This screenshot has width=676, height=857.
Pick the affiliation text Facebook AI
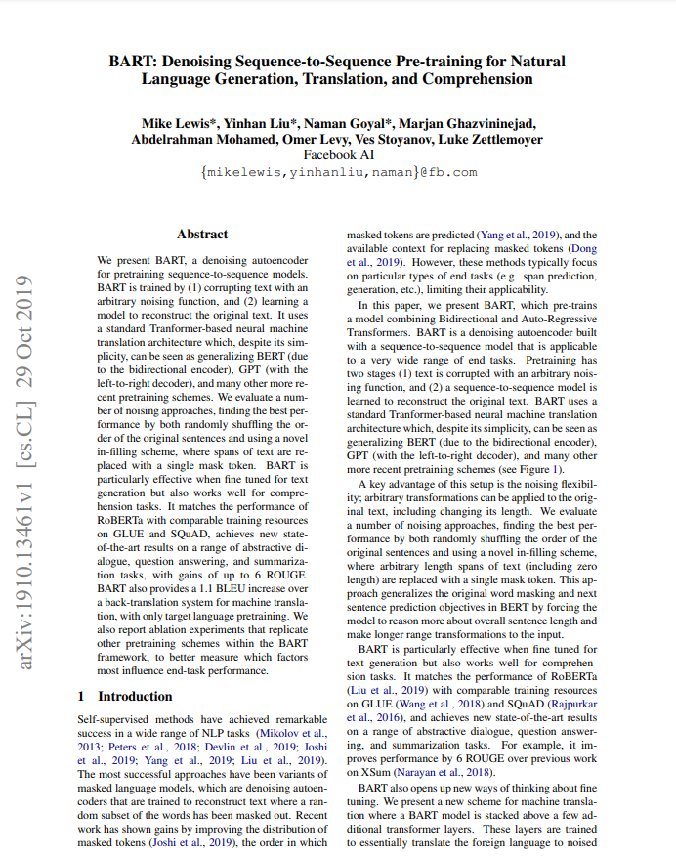coord(338,154)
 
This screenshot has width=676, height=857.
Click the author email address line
coord(338,172)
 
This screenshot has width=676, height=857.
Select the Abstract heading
coord(202,235)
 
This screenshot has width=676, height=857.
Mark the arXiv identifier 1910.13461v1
coord(29,529)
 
